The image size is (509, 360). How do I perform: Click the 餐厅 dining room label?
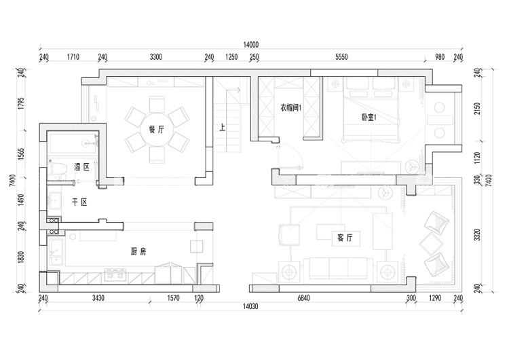click(157, 129)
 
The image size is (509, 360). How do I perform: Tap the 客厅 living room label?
click(345, 238)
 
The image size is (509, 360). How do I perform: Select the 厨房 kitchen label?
click(138, 251)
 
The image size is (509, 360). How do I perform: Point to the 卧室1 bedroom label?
click(369, 118)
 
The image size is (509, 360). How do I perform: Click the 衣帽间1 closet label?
click(290, 107)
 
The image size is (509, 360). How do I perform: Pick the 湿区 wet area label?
click(82, 167)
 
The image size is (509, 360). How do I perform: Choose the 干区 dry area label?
click(79, 202)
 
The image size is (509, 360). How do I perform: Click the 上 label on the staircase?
click(223, 127)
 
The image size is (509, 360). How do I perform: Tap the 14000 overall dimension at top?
click(251, 45)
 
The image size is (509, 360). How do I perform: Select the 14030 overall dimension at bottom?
click(250, 306)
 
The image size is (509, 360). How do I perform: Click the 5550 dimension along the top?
click(341, 57)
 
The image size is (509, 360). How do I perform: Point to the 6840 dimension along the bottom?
click(303, 298)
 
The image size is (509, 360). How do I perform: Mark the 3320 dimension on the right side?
click(477, 234)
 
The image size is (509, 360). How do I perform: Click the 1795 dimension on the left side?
click(22, 103)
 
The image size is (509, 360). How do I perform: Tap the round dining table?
click(157, 130)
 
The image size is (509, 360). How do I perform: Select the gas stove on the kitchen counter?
click(115, 275)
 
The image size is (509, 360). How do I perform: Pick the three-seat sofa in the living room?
click(339, 268)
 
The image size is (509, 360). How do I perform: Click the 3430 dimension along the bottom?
click(98, 298)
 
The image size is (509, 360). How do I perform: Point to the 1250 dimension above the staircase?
click(231, 57)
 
